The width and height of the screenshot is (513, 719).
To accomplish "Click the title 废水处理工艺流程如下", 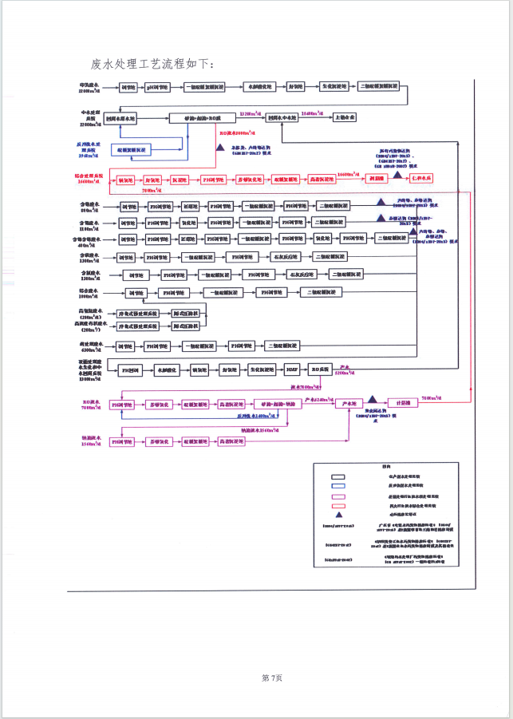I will tap(152, 62).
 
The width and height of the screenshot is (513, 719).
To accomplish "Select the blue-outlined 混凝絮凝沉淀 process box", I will tap(132, 149).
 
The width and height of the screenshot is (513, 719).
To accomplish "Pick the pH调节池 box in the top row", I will tap(158, 87).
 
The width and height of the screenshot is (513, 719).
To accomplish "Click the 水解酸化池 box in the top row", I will tap(257, 87).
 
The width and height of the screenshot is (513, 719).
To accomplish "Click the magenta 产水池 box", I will tap(348, 404).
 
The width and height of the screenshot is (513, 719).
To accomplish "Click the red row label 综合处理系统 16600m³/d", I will tap(86, 179).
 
